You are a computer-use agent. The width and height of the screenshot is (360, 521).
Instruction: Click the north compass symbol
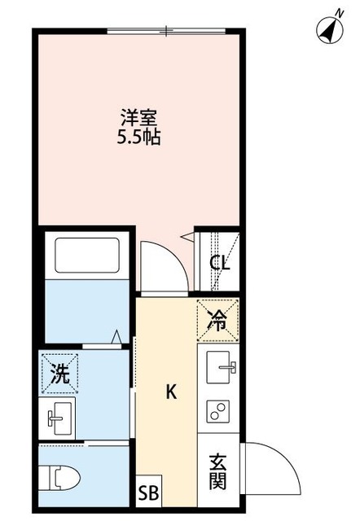(x=329, y=30)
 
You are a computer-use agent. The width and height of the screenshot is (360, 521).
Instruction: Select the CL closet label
(x=219, y=263)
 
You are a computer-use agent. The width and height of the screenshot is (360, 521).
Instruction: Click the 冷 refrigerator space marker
(x=217, y=320)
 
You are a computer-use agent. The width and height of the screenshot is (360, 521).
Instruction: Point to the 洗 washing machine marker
(x=59, y=375)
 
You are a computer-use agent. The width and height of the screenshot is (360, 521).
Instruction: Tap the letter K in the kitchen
(x=171, y=392)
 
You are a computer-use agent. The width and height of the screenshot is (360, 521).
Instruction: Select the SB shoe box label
(x=149, y=493)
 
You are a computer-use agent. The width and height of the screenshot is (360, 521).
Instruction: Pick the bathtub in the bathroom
(x=87, y=255)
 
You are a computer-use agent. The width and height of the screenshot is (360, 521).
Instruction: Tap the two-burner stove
(x=218, y=411)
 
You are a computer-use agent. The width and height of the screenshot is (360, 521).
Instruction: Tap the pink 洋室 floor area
(x=98, y=179)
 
